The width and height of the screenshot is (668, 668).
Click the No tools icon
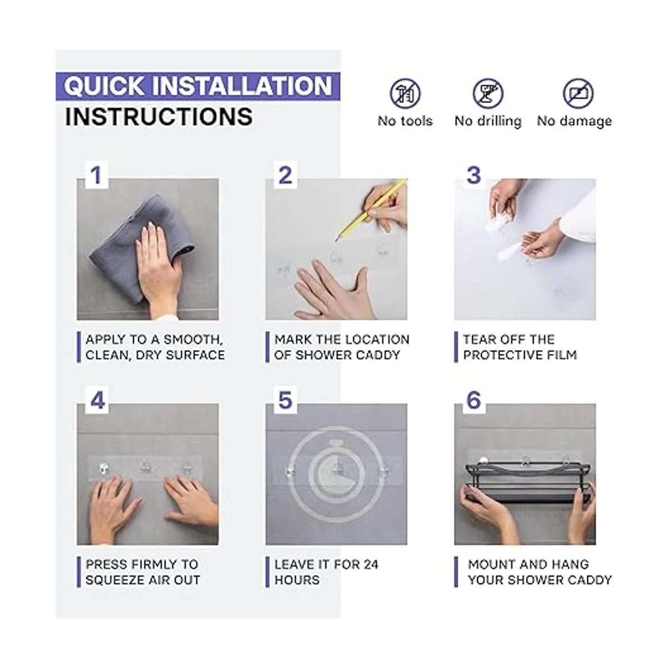coord(405,94)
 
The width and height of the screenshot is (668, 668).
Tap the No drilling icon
coord(488,94)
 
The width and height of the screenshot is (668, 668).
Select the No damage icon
coord(578,94)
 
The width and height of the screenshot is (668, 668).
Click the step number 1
coord(96,176)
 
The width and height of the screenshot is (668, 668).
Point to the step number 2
coord(285,176)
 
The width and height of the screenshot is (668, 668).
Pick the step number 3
coord(474,175)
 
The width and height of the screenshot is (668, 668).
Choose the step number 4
coord(97,400)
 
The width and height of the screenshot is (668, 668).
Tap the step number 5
coord(286,400)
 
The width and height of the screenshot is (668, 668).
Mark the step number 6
coord(474,400)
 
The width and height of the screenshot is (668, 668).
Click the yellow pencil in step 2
coord(371,209)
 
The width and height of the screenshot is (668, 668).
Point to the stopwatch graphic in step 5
coord(336,474)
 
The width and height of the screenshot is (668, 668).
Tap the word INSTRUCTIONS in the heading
coord(159,117)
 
